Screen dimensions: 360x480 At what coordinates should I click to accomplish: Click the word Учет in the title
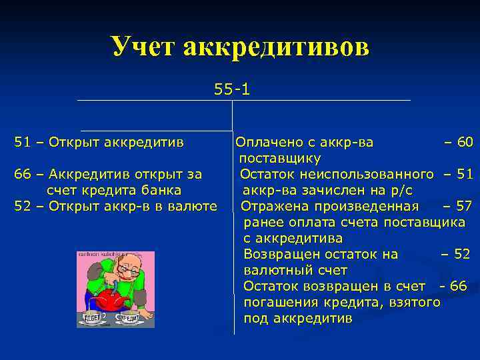(x=143, y=47)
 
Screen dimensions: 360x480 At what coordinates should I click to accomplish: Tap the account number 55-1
(x=232, y=89)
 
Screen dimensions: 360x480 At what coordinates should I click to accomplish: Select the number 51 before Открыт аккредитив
(x=22, y=142)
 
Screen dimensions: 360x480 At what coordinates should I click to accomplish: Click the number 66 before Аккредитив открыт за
(x=22, y=175)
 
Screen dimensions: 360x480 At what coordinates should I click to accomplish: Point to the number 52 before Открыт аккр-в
(x=22, y=207)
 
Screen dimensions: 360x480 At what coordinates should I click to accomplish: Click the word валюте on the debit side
(x=196, y=207)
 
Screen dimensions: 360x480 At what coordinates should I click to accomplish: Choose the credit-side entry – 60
(x=458, y=142)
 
